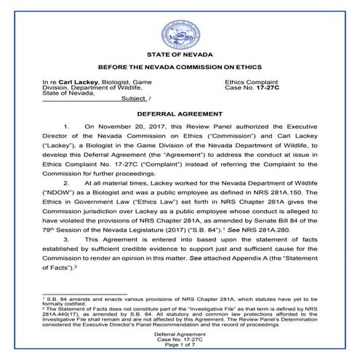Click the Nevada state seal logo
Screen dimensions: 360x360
[179, 33]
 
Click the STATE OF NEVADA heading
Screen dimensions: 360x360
[179, 55]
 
